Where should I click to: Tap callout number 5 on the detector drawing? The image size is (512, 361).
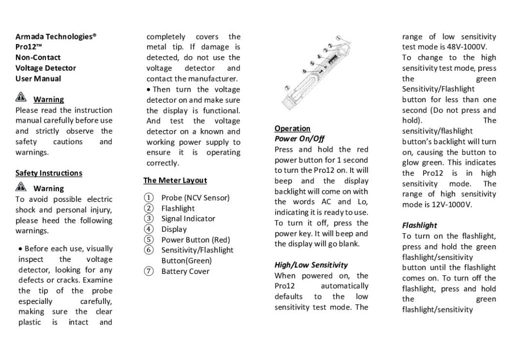pos(312,63)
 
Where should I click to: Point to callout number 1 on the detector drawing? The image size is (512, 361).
pos(338,38)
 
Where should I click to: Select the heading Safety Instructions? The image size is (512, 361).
pos(48,173)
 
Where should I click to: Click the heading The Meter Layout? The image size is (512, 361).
pos(175,180)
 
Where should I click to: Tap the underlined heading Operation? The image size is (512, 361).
pos(292,129)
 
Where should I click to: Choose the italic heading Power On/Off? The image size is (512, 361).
pos(300,139)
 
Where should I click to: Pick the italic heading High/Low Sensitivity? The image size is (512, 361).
pos(311,265)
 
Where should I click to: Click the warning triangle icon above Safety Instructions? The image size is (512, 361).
pos(21,98)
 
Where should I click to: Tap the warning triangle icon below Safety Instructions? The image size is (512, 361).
pos(21,188)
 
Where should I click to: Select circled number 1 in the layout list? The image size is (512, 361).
pos(148,198)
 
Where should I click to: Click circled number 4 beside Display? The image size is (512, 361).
pos(148,229)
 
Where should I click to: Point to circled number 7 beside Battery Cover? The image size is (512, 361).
pos(148,271)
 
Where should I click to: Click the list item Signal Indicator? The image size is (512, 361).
pos(188,219)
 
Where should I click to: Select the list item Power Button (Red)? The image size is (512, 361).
pos(192,240)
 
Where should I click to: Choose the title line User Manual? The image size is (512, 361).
pos(38,79)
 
